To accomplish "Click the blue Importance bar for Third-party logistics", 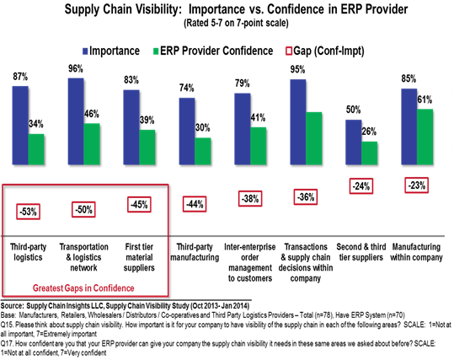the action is [x=20, y=126].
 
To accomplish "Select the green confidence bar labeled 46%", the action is [x=92, y=144].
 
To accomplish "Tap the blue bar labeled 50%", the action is [x=354, y=142].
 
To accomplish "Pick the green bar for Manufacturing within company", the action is [x=425, y=137].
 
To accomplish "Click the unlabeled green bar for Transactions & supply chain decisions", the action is [x=314, y=138].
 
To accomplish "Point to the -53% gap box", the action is [x=28, y=212].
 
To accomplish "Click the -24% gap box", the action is [x=361, y=186].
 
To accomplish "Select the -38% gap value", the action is [x=250, y=199].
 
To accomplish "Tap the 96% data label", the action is [x=76, y=68].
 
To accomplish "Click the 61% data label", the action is [x=425, y=99].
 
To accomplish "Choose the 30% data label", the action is [x=203, y=127].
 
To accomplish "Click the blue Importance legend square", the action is [x=85, y=51].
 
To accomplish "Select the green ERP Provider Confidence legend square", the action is [x=156, y=51].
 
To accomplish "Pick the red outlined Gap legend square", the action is [x=289, y=51].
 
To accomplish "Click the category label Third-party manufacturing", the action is [x=195, y=252].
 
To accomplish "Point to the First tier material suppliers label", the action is [x=139, y=257].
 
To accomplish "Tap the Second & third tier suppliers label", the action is [x=361, y=252].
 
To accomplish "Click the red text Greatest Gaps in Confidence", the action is [x=83, y=288].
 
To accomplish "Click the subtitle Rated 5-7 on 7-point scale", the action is [x=236, y=23].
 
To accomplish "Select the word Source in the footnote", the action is [x=12, y=306].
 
